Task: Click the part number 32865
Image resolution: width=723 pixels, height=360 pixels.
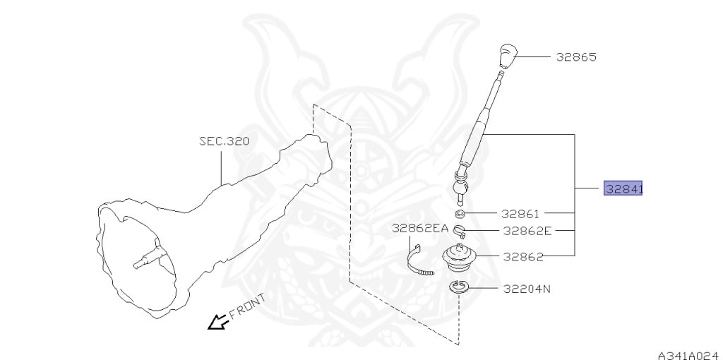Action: pyautogui.click(x=576, y=56)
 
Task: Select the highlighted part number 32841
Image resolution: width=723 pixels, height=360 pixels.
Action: pyautogui.click(x=623, y=188)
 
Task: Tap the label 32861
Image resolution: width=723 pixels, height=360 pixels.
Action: pyautogui.click(x=520, y=213)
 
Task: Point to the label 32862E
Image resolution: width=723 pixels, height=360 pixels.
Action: pyautogui.click(x=527, y=230)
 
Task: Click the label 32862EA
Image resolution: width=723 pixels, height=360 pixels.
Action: pyautogui.click(x=420, y=228)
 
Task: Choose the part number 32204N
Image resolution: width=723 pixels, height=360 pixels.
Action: pyautogui.click(x=527, y=289)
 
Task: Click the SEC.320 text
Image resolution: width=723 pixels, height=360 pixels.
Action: pyautogui.click(x=224, y=140)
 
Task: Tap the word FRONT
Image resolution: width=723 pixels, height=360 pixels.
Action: pyautogui.click(x=248, y=306)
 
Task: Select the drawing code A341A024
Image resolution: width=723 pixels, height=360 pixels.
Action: pyautogui.click(x=689, y=355)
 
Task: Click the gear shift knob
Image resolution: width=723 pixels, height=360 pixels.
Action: pyautogui.click(x=507, y=56)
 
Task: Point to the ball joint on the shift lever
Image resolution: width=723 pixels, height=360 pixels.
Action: pyautogui.click(x=461, y=188)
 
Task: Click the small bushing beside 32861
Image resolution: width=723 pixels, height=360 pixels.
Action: pyautogui.click(x=459, y=213)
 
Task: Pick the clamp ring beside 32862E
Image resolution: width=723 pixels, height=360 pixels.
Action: pyautogui.click(x=459, y=230)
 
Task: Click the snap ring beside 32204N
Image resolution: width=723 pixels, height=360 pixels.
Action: pyautogui.click(x=459, y=288)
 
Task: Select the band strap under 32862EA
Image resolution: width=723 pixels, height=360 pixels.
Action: pyautogui.click(x=419, y=260)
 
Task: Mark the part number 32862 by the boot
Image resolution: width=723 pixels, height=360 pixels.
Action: pyautogui.click(x=523, y=257)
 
